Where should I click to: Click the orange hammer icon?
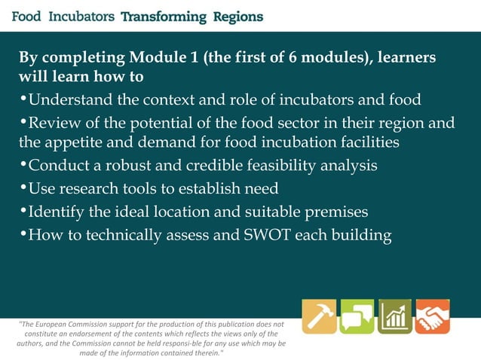319,316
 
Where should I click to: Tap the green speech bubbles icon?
357,316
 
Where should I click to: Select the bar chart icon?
394,316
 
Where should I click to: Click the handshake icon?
432,316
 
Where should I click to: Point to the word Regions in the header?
237,16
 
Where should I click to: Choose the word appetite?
77,142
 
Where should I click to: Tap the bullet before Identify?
23,212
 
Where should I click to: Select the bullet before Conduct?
23,165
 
